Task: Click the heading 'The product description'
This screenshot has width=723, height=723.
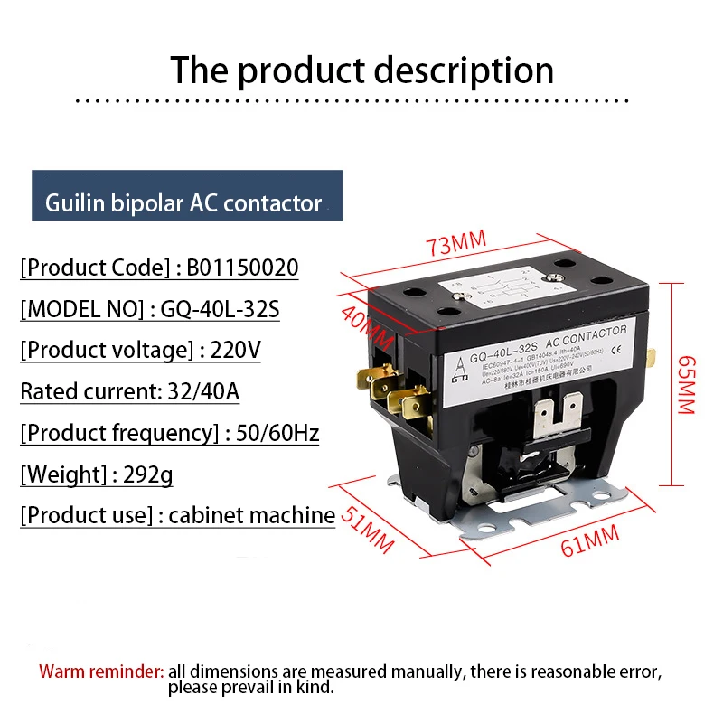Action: point(361,70)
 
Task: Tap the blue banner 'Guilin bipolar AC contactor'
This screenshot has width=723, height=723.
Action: point(183,203)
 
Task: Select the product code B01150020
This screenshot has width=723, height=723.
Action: point(243,268)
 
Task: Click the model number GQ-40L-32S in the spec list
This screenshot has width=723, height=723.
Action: point(221,310)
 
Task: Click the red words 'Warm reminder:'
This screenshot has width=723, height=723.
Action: point(101,671)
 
